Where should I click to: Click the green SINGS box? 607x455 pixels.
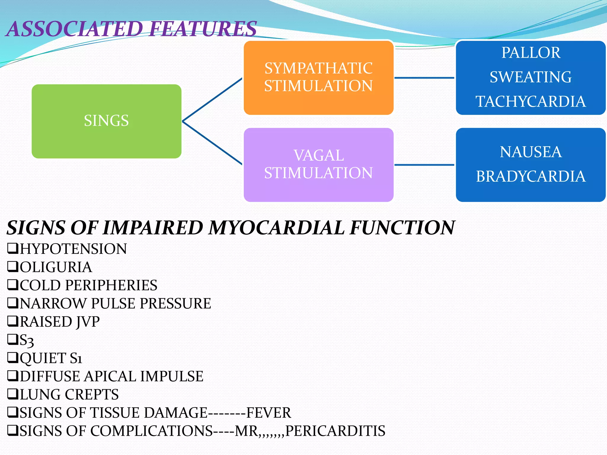106,121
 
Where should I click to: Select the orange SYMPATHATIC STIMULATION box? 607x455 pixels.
318,77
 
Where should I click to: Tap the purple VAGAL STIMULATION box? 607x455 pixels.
318,164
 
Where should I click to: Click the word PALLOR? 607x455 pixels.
531,53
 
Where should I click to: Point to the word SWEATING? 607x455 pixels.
531,77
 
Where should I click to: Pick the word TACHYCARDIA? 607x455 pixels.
531,102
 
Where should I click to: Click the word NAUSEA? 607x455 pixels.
531,152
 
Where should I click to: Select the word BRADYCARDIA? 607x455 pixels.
531,177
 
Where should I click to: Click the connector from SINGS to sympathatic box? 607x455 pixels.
212,100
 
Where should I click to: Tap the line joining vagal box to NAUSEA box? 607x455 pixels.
424,165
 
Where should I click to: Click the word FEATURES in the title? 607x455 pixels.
203,29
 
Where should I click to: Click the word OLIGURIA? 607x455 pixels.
56,267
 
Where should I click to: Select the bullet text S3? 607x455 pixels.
27,340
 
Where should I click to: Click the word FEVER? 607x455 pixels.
269,413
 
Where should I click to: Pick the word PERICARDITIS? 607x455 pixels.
335,431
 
